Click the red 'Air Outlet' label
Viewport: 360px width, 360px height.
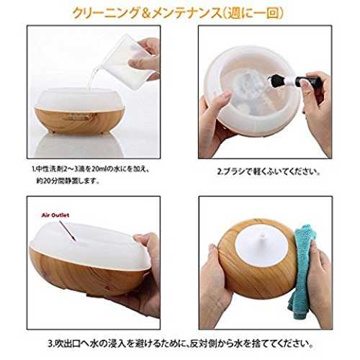[x=55, y=215]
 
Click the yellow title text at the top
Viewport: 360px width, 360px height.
[x=178, y=13]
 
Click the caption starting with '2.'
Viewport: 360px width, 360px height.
[x=269, y=172]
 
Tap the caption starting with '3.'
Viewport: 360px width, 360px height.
[x=181, y=344]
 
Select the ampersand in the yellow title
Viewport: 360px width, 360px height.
[x=145, y=14]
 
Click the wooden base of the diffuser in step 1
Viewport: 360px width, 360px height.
[x=80, y=121]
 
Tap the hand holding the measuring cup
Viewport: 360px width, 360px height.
[x=145, y=58]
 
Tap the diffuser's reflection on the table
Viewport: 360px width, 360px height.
[x=79, y=145]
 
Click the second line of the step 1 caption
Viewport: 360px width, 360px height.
[x=68, y=181]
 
